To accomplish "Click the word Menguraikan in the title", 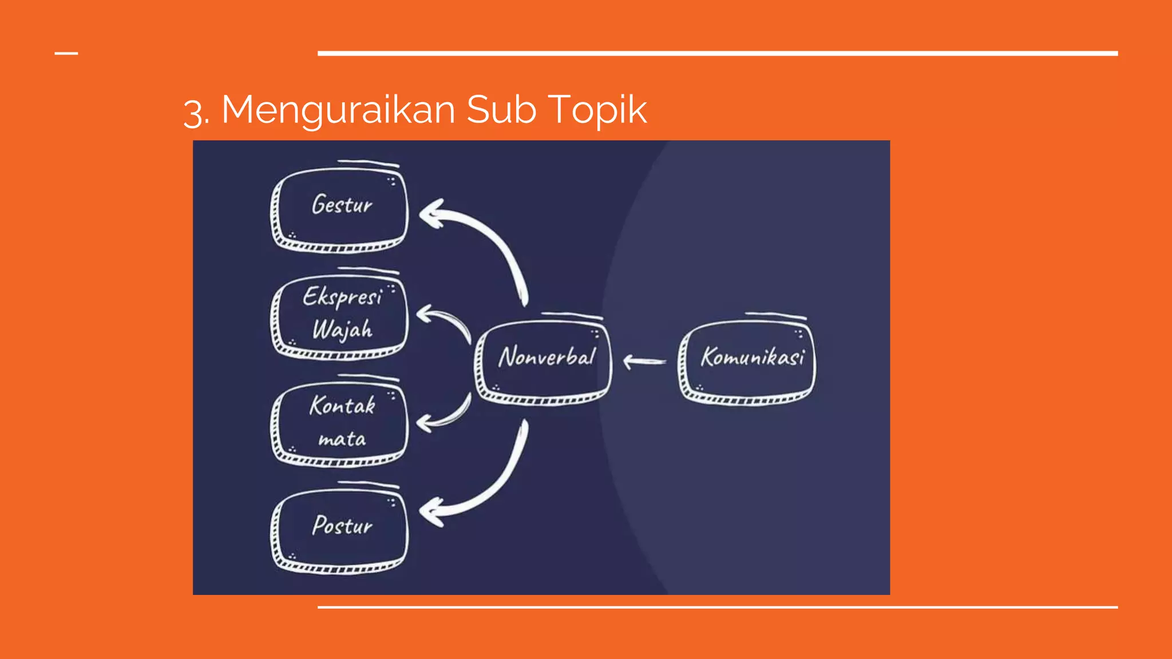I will (338, 110).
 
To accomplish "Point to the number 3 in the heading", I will (193, 112).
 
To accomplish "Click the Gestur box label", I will (342, 205).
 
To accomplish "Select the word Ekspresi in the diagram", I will (342, 297).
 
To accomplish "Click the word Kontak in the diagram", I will (342, 406).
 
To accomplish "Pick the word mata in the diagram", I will (342, 439).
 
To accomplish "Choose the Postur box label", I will (342, 525).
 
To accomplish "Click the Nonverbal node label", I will (547, 357).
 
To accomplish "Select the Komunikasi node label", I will (752, 357).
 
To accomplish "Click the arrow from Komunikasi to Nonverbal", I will (644, 362).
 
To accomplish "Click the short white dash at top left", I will (66, 54).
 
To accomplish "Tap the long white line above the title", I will (718, 54).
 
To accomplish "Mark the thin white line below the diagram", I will (718, 607).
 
